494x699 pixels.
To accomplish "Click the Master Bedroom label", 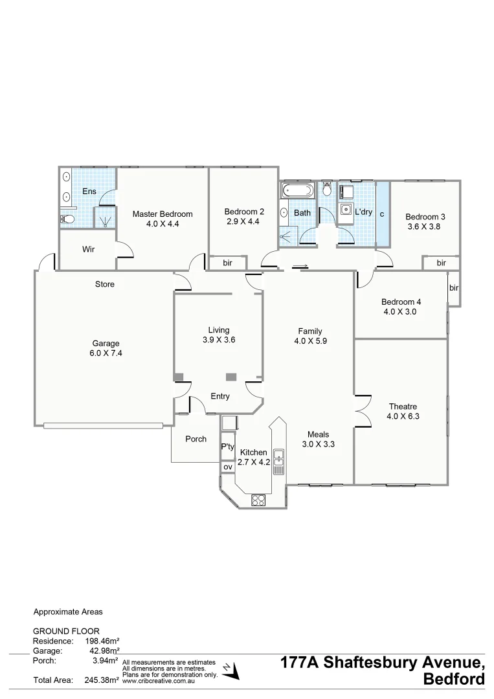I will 163,214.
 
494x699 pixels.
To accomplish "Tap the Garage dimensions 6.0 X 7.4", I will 105,354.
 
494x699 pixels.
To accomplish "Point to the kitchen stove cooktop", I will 259,499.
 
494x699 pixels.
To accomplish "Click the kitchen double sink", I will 279,462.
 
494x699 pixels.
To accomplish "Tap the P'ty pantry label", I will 227,447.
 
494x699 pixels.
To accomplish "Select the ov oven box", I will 227,467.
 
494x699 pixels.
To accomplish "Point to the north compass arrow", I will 232,671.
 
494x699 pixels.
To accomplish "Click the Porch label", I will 196,439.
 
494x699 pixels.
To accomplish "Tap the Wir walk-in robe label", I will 89,249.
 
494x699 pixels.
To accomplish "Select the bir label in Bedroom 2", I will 227,263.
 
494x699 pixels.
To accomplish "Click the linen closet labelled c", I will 382,214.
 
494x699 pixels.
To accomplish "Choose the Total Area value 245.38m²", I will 102,680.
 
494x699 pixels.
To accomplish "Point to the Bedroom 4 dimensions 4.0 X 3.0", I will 401,312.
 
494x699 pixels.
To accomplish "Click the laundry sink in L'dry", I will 346,209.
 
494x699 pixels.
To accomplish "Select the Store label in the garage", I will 105,284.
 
